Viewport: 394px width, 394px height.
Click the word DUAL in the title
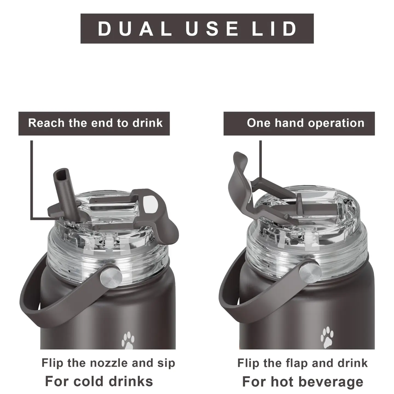pyautogui.click(x=135, y=29)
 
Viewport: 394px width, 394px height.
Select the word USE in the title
pyautogui.click(x=212, y=29)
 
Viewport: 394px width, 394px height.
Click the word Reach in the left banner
pyautogui.click(x=47, y=123)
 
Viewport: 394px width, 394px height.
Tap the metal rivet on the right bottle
pyautogui.click(x=310, y=273)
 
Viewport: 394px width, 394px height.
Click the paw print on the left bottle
pyautogui.click(x=128, y=340)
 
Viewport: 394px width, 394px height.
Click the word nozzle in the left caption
pyautogui.click(x=109, y=363)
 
